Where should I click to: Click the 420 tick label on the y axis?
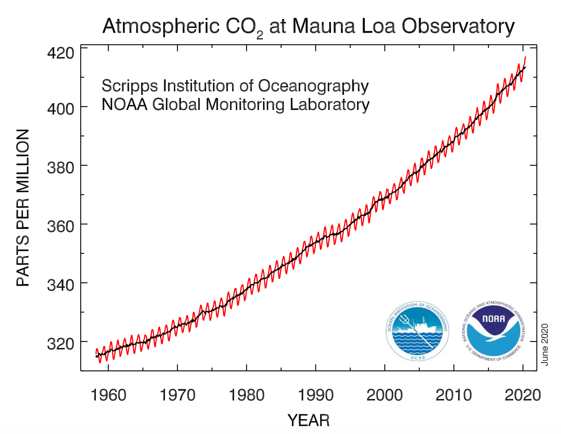(60, 53)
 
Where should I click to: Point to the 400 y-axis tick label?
(60, 108)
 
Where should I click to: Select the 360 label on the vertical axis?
(60, 226)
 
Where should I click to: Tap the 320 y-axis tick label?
(60, 344)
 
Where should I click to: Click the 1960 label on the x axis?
(108, 395)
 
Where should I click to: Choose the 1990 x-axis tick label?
(315, 395)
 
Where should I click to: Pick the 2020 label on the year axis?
(522, 395)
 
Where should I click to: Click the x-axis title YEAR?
(308, 421)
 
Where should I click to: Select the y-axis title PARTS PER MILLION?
(23, 208)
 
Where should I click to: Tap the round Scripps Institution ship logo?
(417, 331)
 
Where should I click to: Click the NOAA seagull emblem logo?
(493, 331)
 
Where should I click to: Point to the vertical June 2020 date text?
(545, 344)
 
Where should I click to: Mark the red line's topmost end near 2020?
(525, 57)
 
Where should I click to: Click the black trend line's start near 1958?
(97, 356)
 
